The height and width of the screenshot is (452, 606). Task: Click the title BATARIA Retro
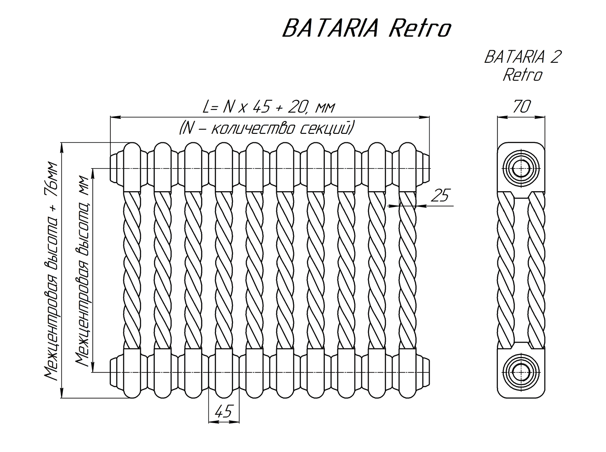point(366,28)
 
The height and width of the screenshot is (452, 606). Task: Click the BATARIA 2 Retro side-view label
point(522,66)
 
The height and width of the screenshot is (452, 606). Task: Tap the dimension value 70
point(521,107)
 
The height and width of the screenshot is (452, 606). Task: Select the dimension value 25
point(440,195)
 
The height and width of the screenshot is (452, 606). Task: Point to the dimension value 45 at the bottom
point(223,412)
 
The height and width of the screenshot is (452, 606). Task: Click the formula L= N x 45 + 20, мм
point(270,107)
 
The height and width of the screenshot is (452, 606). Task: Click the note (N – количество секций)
point(266,128)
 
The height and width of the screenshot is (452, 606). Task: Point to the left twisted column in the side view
point(507,270)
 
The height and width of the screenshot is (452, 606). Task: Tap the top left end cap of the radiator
point(116,169)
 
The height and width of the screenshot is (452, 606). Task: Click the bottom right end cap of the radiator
point(424,372)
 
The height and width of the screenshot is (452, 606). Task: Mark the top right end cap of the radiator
point(424,169)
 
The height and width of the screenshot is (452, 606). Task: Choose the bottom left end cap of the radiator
point(116,372)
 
